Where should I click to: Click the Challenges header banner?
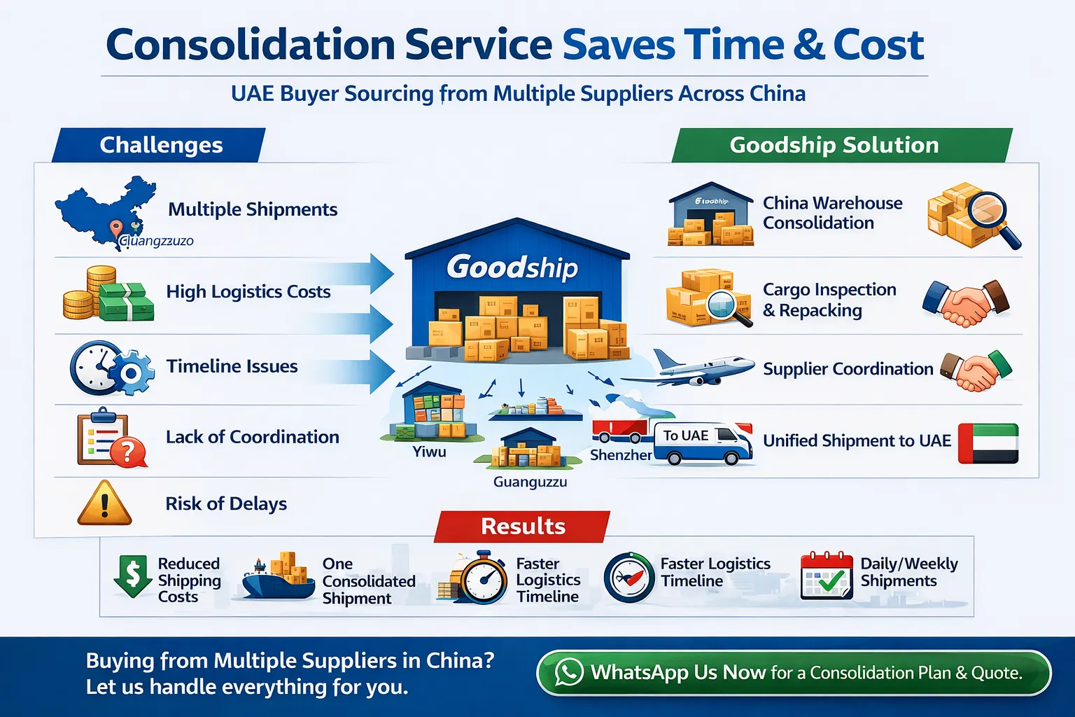pos(160,145)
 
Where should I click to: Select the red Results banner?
pos(523,526)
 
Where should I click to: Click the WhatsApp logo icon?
pos(569,672)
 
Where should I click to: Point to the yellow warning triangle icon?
pos(104,504)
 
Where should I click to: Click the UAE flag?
pos(988,443)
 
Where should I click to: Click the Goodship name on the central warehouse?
pos(512,267)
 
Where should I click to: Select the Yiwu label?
pos(429,452)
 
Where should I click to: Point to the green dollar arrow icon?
pos(132,576)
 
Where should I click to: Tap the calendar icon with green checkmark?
pos(827,576)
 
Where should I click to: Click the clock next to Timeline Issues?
pos(94,367)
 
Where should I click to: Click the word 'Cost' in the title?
pos(878,45)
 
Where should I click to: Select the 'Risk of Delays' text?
pos(226,503)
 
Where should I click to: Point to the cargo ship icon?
pos(278,578)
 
